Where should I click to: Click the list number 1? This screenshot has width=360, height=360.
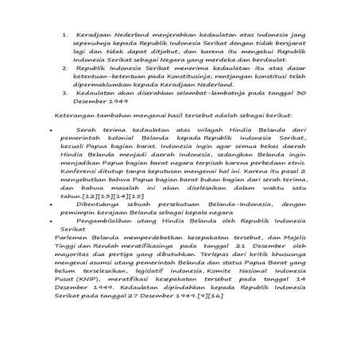click(65, 37)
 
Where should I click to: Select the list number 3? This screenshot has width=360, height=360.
click(65, 114)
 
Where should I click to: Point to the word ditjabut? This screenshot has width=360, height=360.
click(174, 58)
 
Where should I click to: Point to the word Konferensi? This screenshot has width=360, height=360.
click(88, 216)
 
